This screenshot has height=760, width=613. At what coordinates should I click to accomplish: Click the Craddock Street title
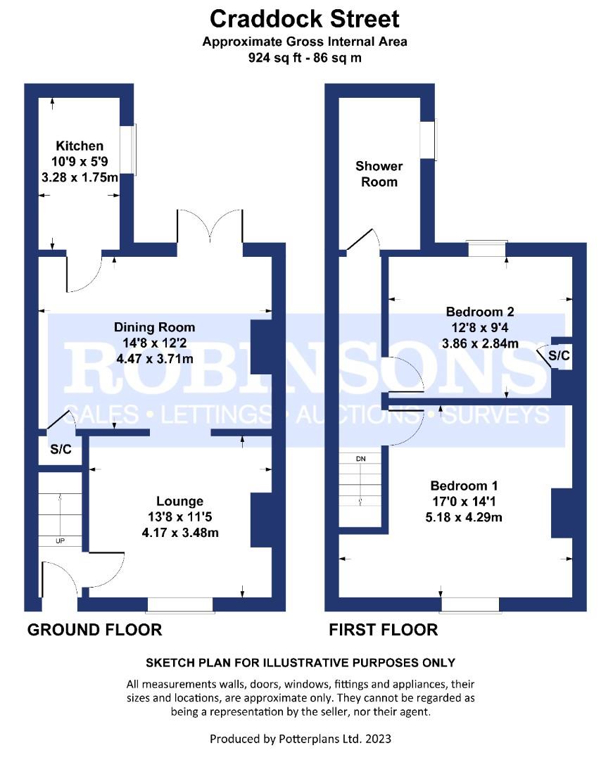304,19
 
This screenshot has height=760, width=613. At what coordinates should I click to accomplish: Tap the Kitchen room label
80,146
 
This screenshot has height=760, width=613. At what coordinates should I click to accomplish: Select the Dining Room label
154,327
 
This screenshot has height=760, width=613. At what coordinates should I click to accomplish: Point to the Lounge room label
179,501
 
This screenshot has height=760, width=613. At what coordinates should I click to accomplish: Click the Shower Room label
379,174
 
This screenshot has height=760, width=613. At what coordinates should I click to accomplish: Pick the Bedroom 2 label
480,312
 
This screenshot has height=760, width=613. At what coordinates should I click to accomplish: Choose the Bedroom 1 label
464,486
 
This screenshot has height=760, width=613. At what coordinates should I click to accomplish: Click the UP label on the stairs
60,541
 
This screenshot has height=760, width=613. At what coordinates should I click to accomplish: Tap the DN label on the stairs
360,459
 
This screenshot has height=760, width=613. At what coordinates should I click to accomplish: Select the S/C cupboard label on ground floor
61,449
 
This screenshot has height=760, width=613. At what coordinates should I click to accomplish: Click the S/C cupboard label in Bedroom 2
559,355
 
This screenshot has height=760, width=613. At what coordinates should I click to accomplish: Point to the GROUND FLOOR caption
94,630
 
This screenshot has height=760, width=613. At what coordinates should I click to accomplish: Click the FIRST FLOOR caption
384,630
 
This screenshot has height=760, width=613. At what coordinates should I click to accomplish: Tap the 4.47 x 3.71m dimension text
155,359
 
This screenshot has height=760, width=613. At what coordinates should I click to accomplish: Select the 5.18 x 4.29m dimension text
464,517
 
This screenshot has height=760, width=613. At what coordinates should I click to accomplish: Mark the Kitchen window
133,149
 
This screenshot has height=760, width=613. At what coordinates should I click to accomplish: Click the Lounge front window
179,605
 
